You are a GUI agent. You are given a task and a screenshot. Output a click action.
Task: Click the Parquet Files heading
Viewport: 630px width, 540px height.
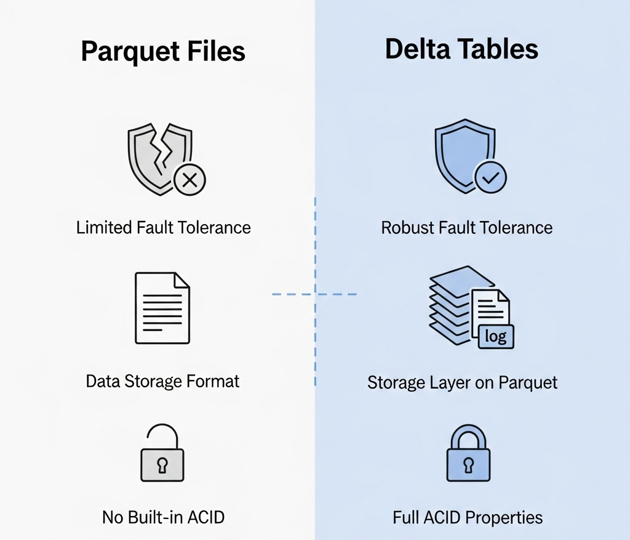(x=163, y=52)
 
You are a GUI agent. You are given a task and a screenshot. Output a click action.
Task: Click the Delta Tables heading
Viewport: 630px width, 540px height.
(x=461, y=49)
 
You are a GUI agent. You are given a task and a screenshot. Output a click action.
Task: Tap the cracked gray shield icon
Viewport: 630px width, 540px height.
(x=161, y=159)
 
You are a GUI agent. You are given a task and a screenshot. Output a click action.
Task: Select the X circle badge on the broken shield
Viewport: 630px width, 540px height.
(x=189, y=180)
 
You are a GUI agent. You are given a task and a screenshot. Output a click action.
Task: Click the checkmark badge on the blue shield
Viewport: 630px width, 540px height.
(x=490, y=177)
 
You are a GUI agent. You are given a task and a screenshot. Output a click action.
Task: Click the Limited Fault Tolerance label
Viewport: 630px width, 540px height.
(x=164, y=228)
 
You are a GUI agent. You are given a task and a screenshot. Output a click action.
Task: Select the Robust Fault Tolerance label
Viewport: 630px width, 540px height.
(x=466, y=228)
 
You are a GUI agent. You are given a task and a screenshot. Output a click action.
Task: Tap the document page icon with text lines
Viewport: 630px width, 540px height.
(x=162, y=308)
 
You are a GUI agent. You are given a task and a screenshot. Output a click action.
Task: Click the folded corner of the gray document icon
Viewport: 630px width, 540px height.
(x=182, y=280)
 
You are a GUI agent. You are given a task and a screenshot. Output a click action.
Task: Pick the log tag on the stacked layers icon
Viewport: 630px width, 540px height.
(x=496, y=336)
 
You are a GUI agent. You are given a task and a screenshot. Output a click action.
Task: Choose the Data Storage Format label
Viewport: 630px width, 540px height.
(x=162, y=381)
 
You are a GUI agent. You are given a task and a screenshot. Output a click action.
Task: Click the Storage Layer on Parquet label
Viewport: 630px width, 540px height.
(x=463, y=382)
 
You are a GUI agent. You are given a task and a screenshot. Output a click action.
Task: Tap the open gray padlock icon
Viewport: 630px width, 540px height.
(x=162, y=453)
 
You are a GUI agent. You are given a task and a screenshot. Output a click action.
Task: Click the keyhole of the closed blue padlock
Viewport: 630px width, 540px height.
(x=468, y=465)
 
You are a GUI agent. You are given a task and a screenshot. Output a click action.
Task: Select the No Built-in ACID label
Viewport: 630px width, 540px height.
(x=163, y=517)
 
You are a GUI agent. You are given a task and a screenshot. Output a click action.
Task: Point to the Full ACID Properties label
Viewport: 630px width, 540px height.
(x=468, y=517)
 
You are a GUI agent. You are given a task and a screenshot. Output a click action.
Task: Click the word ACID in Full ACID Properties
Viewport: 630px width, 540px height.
(x=441, y=517)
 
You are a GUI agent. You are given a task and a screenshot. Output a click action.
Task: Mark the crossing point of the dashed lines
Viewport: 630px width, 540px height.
(x=315, y=294)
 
